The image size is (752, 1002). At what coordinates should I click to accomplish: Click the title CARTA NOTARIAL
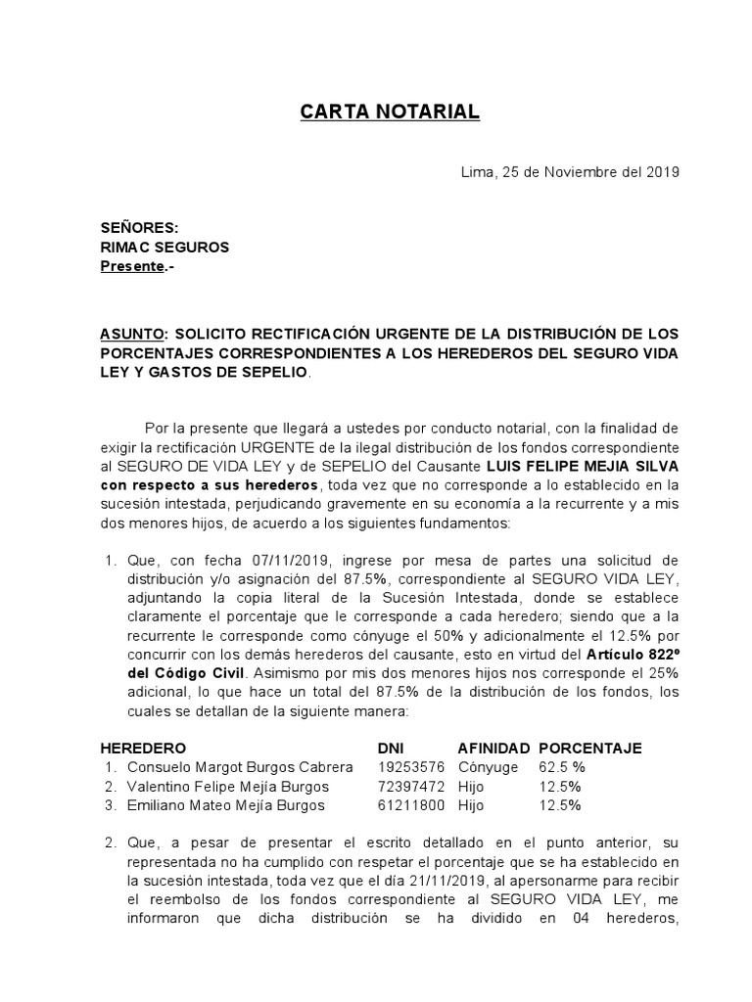click(390, 113)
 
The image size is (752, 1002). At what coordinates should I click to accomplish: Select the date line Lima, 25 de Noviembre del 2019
click(570, 172)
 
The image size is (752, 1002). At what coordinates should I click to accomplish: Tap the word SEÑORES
click(140, 228)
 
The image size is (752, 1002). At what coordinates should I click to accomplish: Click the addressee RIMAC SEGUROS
click(164, 248)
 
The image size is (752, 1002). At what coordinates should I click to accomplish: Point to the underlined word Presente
click(132, 266)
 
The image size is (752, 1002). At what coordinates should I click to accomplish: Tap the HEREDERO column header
click(143, 749)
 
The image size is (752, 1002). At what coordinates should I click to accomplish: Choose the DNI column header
click(391, 749)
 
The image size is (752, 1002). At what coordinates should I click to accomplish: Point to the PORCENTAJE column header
click(590, 749)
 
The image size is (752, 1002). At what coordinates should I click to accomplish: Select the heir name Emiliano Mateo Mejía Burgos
click(225, 805)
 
